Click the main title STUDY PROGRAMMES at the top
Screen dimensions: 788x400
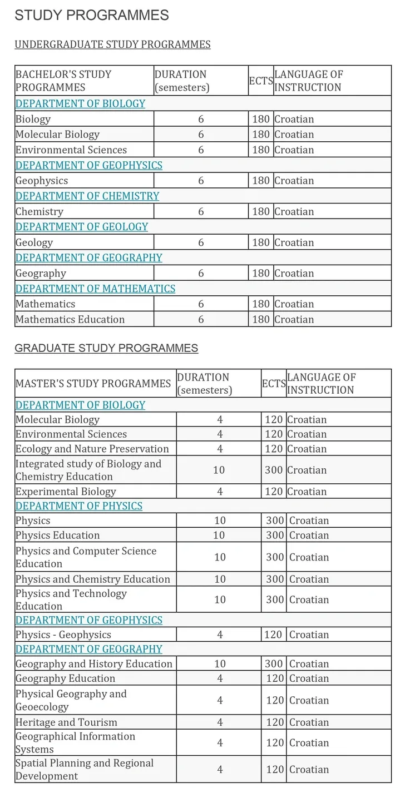pos(92,16)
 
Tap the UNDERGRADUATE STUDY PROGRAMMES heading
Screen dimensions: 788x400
pos(112,44)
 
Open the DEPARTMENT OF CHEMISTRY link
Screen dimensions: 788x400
pos(87,196)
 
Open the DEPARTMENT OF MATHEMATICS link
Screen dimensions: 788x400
pos(95,289)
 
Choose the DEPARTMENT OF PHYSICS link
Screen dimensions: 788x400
pos(79,506)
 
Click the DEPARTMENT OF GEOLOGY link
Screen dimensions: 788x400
pos(82,227)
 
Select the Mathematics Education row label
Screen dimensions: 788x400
pos(70,320)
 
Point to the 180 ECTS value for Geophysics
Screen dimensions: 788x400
pos(260,181)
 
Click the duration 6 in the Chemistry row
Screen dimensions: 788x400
pos(201,212)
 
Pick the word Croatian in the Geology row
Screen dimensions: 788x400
pos(294,242)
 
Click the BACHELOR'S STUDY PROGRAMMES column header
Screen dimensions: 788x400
pos(63,81)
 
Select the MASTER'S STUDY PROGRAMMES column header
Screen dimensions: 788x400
pos(93,384)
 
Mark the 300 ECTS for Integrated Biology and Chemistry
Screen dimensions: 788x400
pos(274,470)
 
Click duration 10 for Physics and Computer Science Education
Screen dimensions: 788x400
pos(220,557)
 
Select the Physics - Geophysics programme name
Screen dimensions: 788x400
pos(63,635)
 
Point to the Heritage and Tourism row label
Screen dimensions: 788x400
pos(66,722)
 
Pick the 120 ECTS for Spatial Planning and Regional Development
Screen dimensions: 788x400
pos(275,770)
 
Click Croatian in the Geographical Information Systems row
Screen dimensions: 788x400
pos(309,743)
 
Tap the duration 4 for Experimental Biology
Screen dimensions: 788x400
pos(220,492)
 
